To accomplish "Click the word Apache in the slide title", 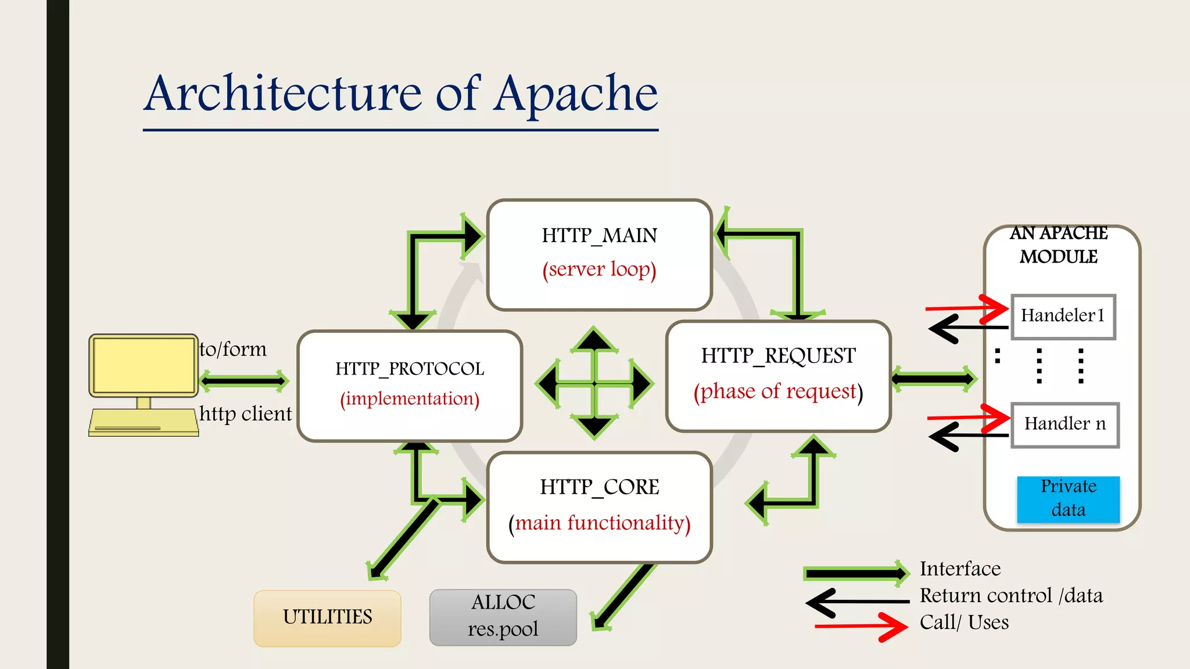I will [576, 94].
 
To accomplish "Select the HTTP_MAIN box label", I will [599, 236].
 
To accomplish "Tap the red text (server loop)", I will [599, 269].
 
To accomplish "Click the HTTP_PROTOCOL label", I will [410, 369].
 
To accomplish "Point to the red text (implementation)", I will [410, 399].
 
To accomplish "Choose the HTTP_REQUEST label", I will [778, 355].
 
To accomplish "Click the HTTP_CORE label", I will [599, 487].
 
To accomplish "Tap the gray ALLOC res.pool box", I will [503, 617].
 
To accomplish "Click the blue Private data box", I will [1068, 499].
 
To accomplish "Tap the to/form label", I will [233, 350].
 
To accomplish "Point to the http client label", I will [245, 414].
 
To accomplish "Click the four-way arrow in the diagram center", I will [594, 383].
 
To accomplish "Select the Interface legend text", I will [960, 569].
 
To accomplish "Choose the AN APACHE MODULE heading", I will [1058, 244].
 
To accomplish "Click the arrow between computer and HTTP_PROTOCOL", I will [244, 381].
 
